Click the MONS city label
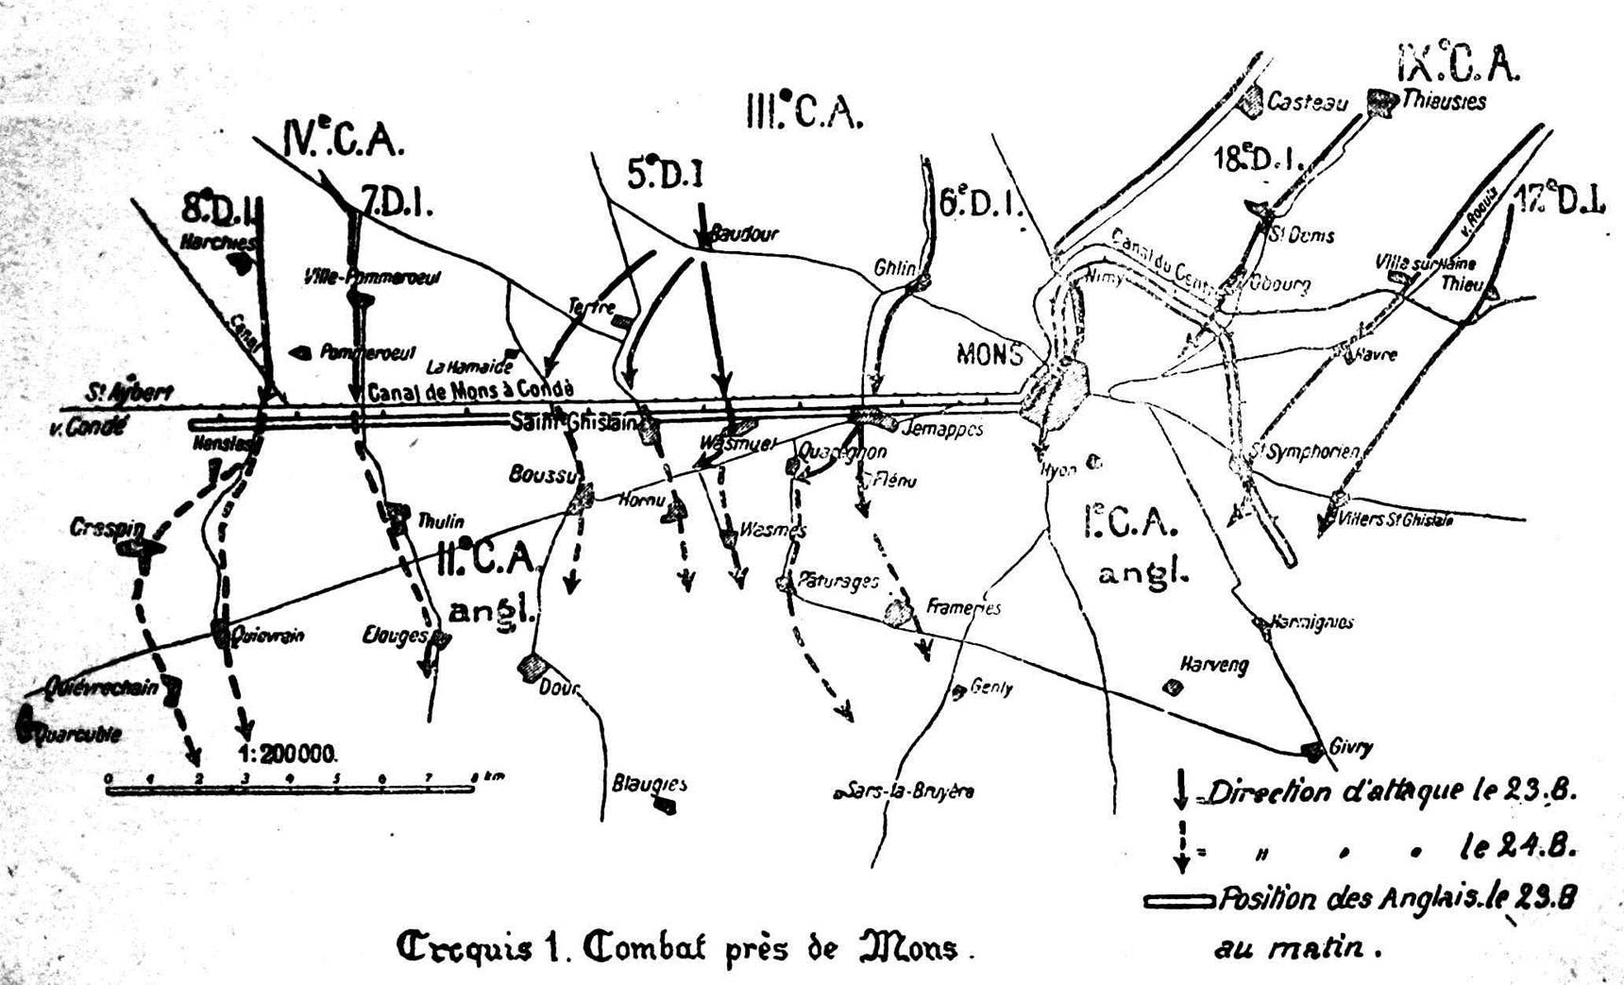[x=989, y=354]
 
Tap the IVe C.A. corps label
[x=344, y=140]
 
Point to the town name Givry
[x=1350, y=747]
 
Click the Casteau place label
[x=1307, y=101]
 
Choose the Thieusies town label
[x=1444, y=101]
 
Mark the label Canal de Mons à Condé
[x=469, y=392]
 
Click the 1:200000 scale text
[x=287, y=754]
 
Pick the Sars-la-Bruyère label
[x=909, y=791]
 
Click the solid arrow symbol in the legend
[x=1180, y=789]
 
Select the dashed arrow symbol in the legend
[x=1180, y=846]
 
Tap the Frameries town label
[x=963, y=607]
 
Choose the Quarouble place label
[x=77, y=734]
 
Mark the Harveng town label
[x=1214, y=665]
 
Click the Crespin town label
[x=106, y=527]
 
